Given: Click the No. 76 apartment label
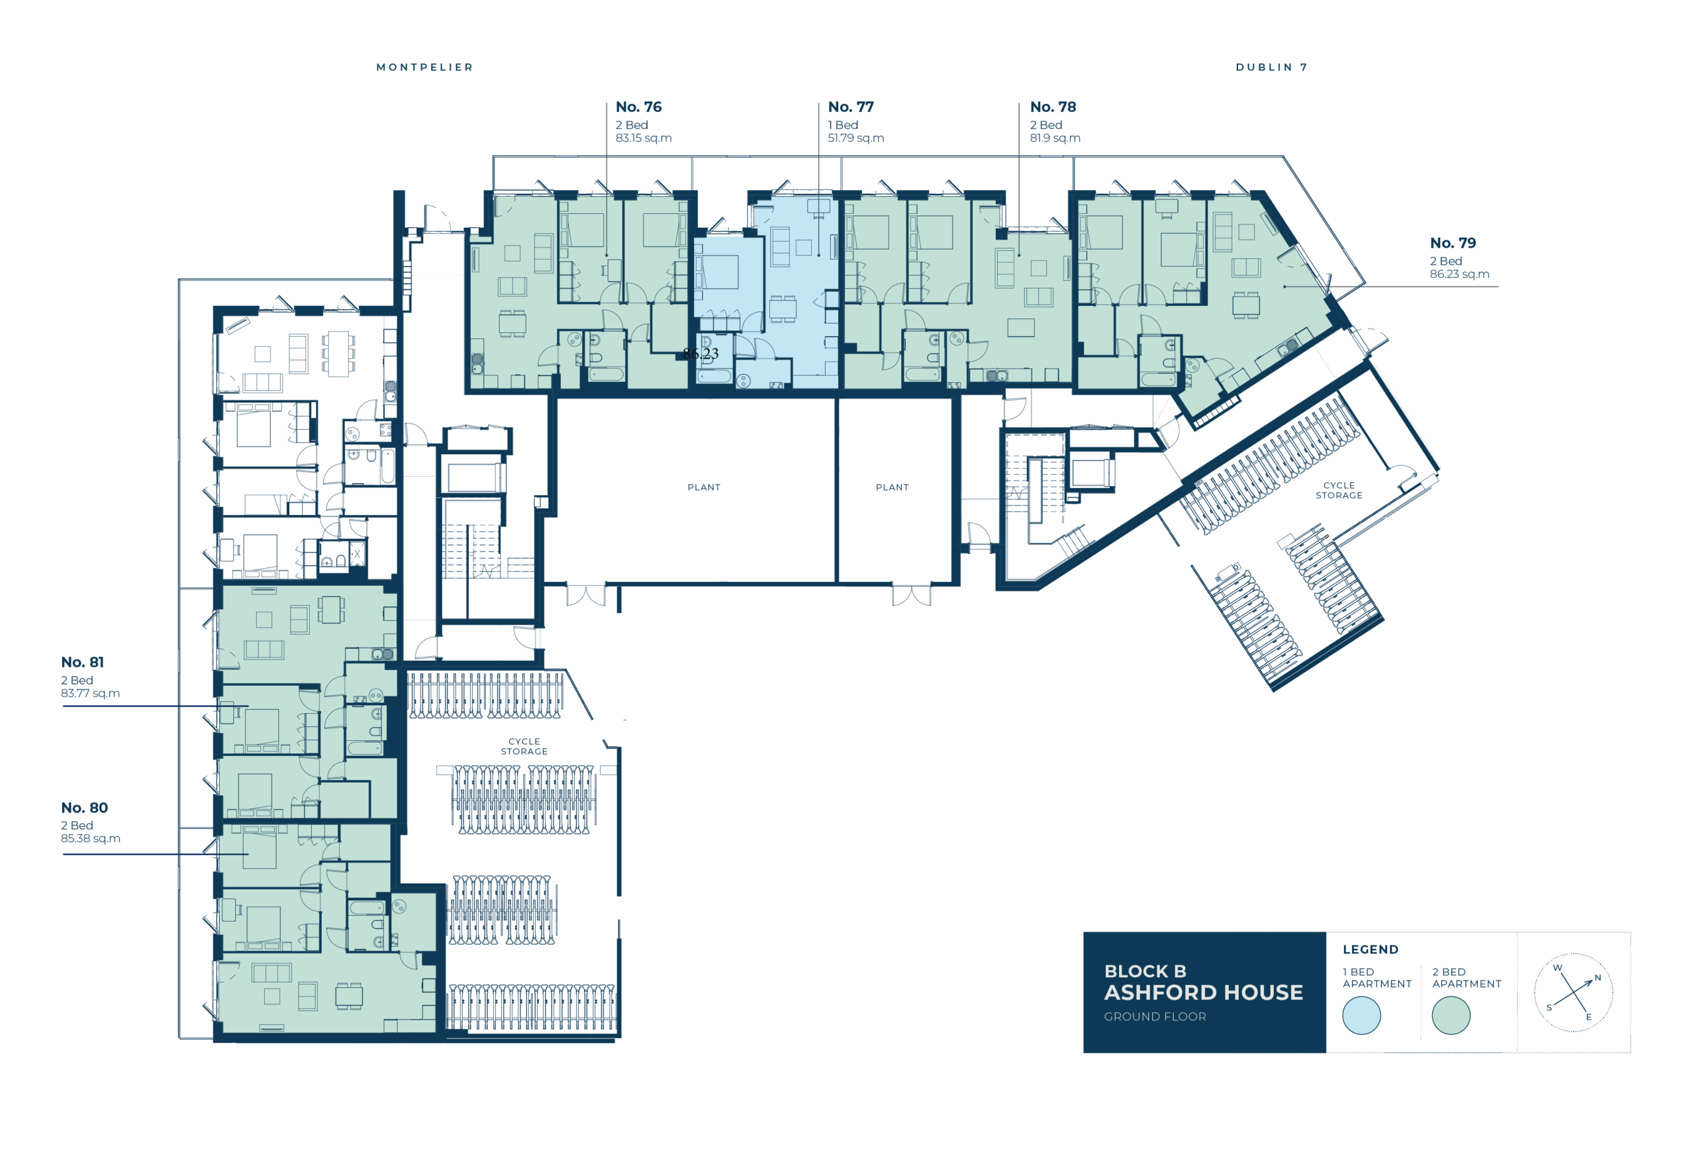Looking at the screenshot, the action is click(x=638, y=107).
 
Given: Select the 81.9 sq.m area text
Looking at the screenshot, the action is click(x=1055, y=138).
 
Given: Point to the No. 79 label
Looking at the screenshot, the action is click(x=1452, y=243).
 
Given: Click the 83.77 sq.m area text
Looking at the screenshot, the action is click(x=91, y=693).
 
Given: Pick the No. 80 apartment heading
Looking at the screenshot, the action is click(x=84, y=807).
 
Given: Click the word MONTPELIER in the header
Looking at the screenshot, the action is click(x=424, y=67).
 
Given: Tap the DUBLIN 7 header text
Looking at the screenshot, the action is click(x=1271, y=67).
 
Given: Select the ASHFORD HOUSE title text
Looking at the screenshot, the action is click(x=1204, y=992).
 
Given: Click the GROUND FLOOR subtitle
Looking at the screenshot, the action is click(x=1155, y=1016).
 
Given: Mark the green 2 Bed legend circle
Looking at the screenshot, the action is click(x=1451, y=1015).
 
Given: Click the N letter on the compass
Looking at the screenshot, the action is click(x=1597, y=978).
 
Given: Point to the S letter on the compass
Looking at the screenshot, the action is click(x=1549, y=1008).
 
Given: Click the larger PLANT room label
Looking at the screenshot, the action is click(x=704, y=487).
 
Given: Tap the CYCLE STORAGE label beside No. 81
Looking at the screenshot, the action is click(x=524, y=746).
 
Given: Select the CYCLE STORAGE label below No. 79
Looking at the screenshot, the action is click(x=1338, y=490).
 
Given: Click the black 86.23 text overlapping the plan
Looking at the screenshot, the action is click(x=701, y=354).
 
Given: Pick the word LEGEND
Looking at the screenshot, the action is click(x=1371, y=949).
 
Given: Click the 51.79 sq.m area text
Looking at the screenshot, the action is click(x=855, y=138).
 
